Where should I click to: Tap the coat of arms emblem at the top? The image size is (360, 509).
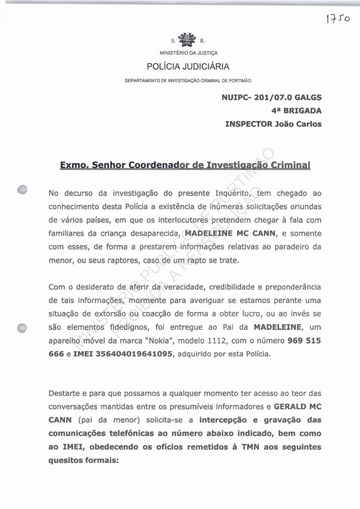[187, 39]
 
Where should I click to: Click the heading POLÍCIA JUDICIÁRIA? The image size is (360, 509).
[188, 66]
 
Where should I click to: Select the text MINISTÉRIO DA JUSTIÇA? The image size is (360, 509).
[189, 53]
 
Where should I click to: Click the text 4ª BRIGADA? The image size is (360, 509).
[296, 110]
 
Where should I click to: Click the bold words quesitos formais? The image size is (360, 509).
[83, 460]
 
